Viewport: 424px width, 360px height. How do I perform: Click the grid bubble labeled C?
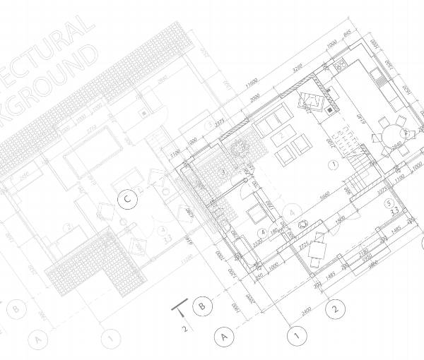pyautogui.click(x=127, y=200)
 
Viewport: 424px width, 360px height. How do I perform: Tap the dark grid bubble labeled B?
pyautogui.click(x=202, y=306)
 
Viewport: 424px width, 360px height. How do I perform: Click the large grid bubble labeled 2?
pyautogui.click(x=336, y=308)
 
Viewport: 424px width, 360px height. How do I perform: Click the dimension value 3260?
pyautogui.click(x=298, y=69)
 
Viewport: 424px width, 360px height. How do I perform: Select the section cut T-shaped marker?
pyautogui.click(x=182, y=308)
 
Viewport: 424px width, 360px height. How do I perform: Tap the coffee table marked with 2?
pyautogui.click(x=282, y=136)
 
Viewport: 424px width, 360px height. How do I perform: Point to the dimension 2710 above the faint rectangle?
pyautogui.click(x=91, y=131)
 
